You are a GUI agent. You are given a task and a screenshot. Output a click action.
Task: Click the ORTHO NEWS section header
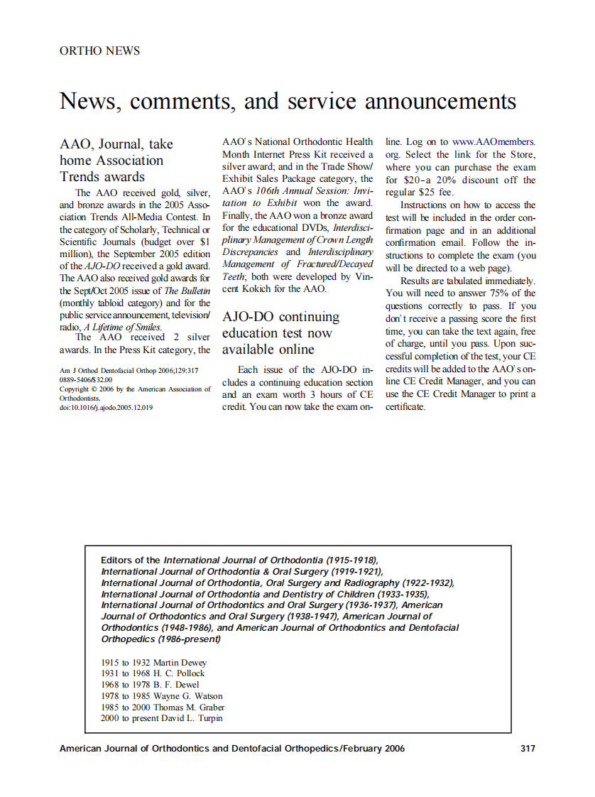click(x=99, y=51)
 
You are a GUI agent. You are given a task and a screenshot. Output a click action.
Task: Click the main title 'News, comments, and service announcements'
click(x=288, y=101)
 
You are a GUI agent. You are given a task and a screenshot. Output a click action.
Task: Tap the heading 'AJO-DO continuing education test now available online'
click(x=280, y=333)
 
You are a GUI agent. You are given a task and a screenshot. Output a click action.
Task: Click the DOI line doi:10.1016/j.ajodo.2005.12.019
click(x=106, y=408)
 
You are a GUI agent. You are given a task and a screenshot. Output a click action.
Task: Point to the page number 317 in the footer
click(x=528, y=748)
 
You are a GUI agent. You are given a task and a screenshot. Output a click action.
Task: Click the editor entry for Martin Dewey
click(x=153, y=662)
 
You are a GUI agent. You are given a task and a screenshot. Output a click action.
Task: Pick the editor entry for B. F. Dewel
click(x=151, y=685)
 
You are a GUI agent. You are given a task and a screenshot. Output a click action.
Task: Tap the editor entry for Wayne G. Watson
click(x=162, y=696)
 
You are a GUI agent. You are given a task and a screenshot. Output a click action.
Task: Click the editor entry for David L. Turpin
click(x=162, y=718)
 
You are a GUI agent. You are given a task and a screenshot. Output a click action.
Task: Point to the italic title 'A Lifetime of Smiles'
click(x=122, y=327)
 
